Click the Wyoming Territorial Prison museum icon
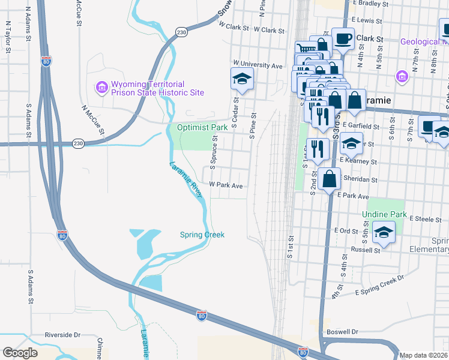(101, 88)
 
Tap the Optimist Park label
(202, 127)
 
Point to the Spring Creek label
(202, 235)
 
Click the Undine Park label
(384, 214)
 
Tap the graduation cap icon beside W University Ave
(242, 79)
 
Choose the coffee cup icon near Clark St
(343, 39)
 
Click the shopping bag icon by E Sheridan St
(329, 179)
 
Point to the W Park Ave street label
(226, 186)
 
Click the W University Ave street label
(258, 64)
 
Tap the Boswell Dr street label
(342, 331)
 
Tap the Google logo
(20, 353)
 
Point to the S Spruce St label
(212, 152)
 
